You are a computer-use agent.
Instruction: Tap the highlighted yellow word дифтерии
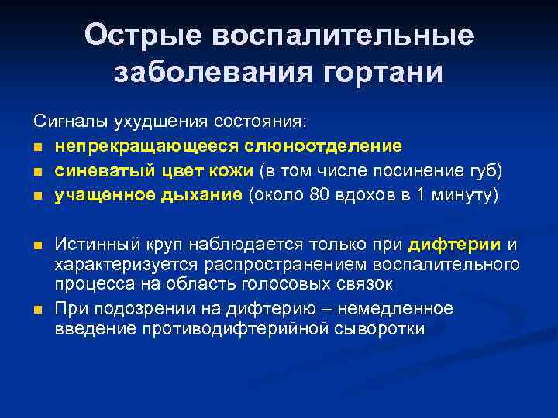pos(456,245)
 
